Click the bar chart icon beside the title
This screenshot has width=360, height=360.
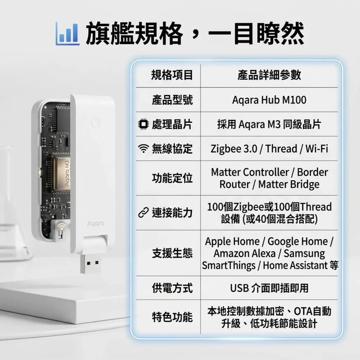(67, 34)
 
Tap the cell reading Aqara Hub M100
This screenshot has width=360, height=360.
(269, 100)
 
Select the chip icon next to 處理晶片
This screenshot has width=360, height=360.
(143, 124)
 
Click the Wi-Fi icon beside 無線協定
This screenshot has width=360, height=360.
(143, 148)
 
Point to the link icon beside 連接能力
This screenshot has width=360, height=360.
(143, 213)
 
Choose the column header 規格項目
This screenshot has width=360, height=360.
(172, 75)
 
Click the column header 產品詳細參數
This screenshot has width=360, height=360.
(269, 75)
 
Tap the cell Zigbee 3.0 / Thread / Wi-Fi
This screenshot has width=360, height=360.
(269, 149)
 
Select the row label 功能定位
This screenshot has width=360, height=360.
(172, 178)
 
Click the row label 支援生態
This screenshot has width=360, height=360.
(172, 253)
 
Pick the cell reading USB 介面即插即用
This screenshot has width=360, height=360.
(269, 288)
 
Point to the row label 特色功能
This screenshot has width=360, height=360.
(172, 317)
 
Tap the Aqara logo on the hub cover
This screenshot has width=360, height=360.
(96, 223)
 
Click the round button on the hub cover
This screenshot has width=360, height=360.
(96, 122)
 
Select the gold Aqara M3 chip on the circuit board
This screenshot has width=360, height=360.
(63, 174)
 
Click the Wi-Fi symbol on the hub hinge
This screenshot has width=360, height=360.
(61, 226)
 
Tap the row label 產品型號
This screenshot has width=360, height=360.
(172, 100)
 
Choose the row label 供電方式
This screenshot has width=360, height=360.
(172, 288)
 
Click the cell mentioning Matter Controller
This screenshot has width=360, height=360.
(269, 178)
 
